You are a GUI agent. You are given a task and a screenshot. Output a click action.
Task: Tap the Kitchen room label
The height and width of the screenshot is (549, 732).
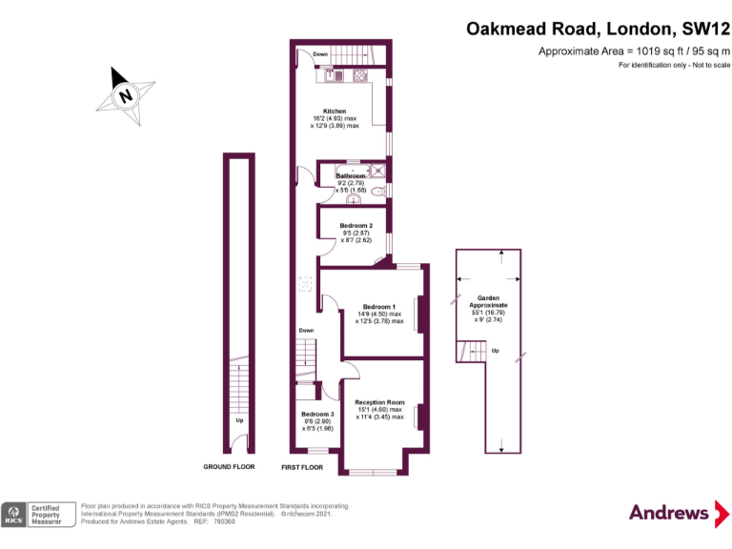(x=334, y=112)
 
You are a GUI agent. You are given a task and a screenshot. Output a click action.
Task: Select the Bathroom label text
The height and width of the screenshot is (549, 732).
(x=350, y=176)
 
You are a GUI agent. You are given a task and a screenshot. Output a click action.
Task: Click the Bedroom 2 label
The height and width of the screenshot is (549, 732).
(x=356, y=226)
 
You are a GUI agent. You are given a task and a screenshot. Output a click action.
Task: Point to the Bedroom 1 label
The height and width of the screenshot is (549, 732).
(x=378, y=306)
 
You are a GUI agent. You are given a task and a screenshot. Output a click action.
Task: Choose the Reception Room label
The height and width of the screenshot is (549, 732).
(x=379, y=402)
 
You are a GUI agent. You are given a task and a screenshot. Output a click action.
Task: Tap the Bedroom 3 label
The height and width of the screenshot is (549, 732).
(x=317, y=414)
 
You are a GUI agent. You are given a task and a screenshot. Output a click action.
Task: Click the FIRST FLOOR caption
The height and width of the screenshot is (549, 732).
(x=302, y=467)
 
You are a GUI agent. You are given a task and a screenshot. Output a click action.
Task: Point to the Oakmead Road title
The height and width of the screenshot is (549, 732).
(x=598, y=29)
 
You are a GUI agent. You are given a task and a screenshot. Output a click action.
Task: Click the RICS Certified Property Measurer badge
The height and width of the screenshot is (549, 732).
(x=39, y=515)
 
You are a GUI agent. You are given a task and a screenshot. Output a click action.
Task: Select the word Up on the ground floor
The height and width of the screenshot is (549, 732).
(x=238, y=419)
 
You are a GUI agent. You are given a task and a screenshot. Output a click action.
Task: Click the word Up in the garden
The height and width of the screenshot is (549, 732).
(x=494, y=351)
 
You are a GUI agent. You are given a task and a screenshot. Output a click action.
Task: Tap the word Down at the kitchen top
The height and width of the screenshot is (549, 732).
(x=321, y=54)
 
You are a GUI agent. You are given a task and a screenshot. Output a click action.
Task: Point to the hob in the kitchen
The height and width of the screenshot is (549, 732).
(x=362, y=75)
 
